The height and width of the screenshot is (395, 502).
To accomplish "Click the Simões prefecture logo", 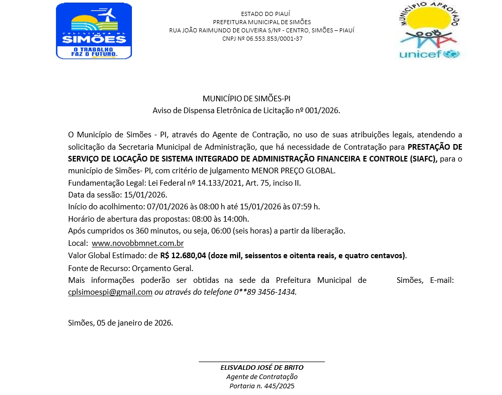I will (94, 31).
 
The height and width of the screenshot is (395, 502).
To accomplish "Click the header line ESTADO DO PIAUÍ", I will (262, 13).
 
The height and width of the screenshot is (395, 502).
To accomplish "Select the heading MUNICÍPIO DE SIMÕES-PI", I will (246, 98).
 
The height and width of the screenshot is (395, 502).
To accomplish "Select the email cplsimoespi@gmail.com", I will (110, 292).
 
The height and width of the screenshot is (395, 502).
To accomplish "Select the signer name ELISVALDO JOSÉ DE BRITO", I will (262, 368).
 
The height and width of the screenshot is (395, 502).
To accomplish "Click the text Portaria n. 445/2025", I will (262, 386).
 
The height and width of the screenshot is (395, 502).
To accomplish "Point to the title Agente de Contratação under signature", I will (262, 377).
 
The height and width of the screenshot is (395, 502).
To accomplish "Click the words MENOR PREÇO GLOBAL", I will (305, 171).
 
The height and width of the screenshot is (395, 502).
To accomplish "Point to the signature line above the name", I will (262, 362).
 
